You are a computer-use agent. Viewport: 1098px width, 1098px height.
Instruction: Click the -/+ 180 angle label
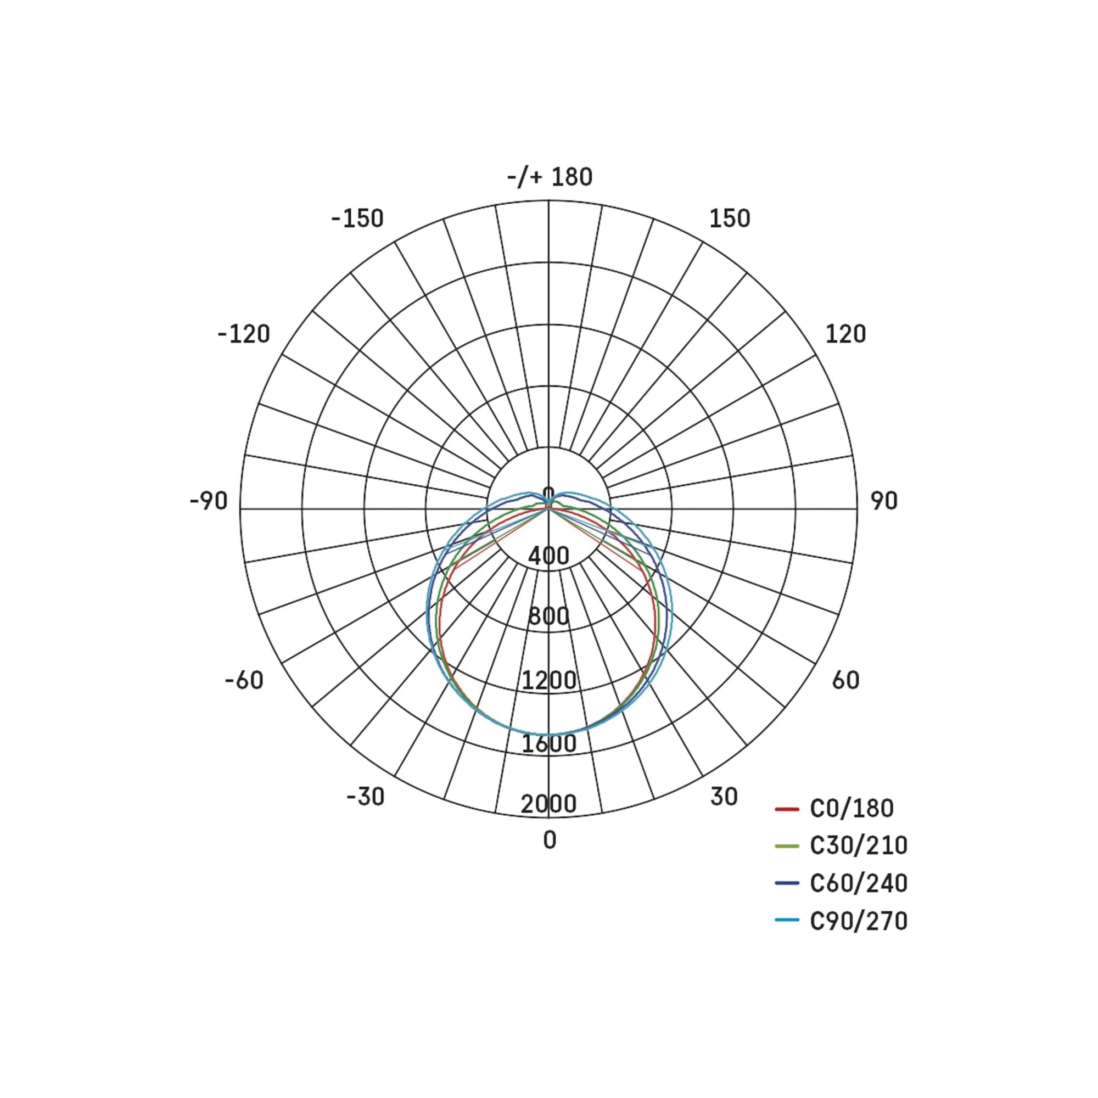(x=550, y=177)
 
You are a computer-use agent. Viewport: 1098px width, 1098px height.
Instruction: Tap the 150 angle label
(x=729, y=219)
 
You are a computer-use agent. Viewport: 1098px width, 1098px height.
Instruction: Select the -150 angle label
(x=357, y=219)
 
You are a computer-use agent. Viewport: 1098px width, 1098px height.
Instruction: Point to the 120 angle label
(x=845, y=334)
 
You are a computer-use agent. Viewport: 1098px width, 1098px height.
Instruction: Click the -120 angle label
(x=244, y=334)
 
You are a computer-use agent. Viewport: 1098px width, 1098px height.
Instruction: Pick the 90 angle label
(x=884, y=501)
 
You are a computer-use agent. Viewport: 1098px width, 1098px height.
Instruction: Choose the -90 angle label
(x=209, y=501)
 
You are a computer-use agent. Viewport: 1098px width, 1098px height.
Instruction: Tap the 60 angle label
(x=845, y=680)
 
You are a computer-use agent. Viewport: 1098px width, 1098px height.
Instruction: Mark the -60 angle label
(x=244, y=680)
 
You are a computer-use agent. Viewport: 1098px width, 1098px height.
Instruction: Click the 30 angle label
(x=724, y=797)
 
